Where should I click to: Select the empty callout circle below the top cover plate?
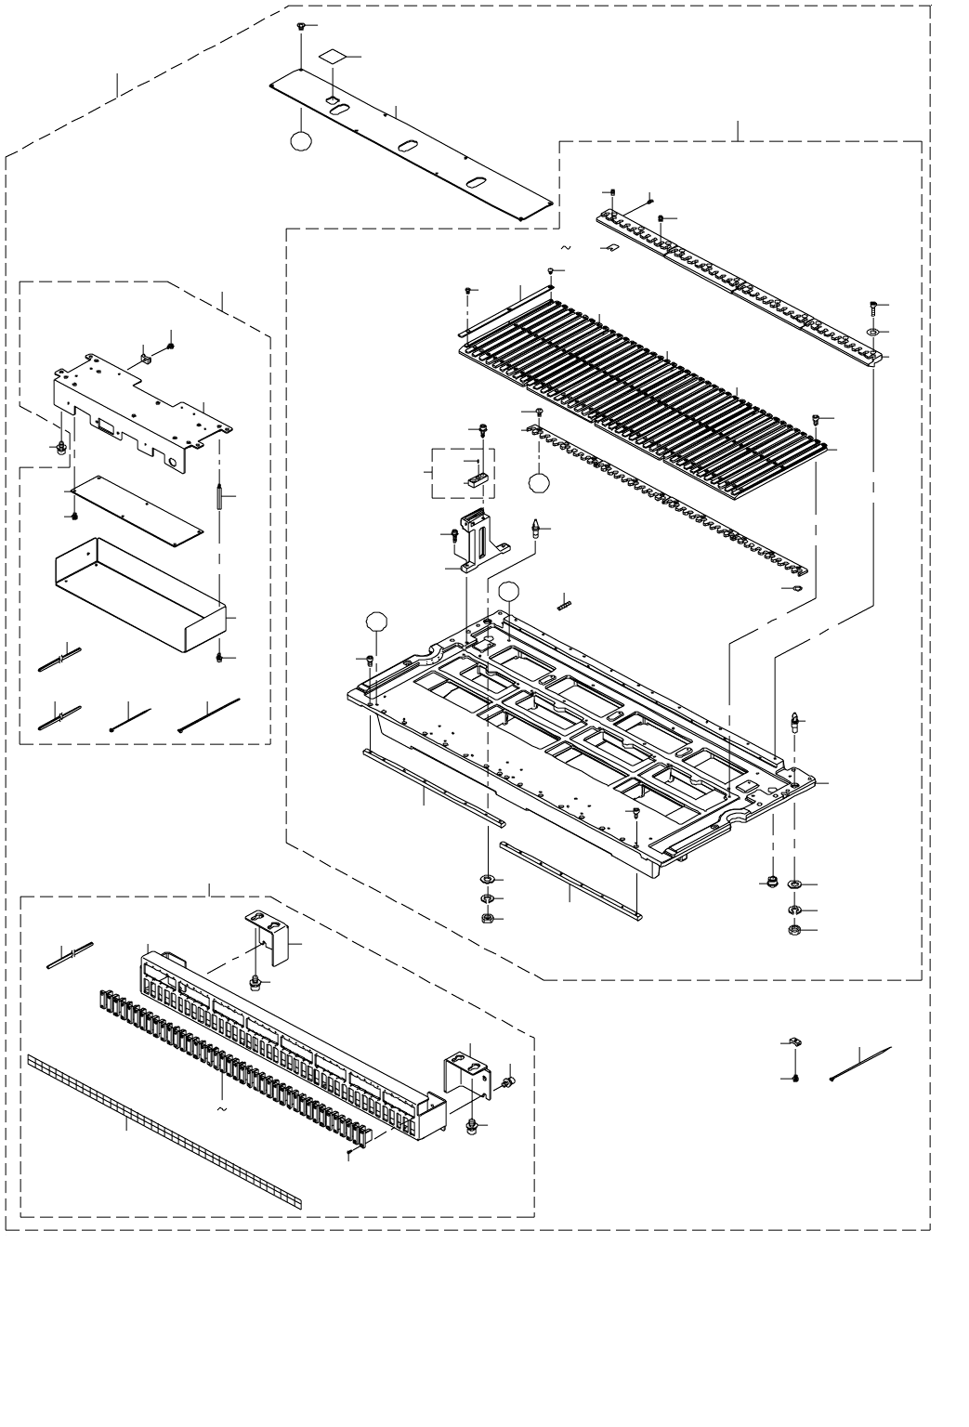click(x=301, y=140)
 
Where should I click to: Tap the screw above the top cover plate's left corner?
click(x=302, y=26)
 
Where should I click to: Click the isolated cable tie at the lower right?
click(x=859, y=1063)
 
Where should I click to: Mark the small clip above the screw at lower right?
click(x=794, y=1041)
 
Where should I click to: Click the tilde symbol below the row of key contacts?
click(x=221, y=1108)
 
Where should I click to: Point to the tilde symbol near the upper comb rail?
click(x=566, y=248)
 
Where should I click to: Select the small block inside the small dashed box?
click(x=477, y=480)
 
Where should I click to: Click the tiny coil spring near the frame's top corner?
click(x=563, y=604)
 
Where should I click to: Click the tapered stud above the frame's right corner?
click(x=795, y=721)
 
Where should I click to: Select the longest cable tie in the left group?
click(x=209, y=716)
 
